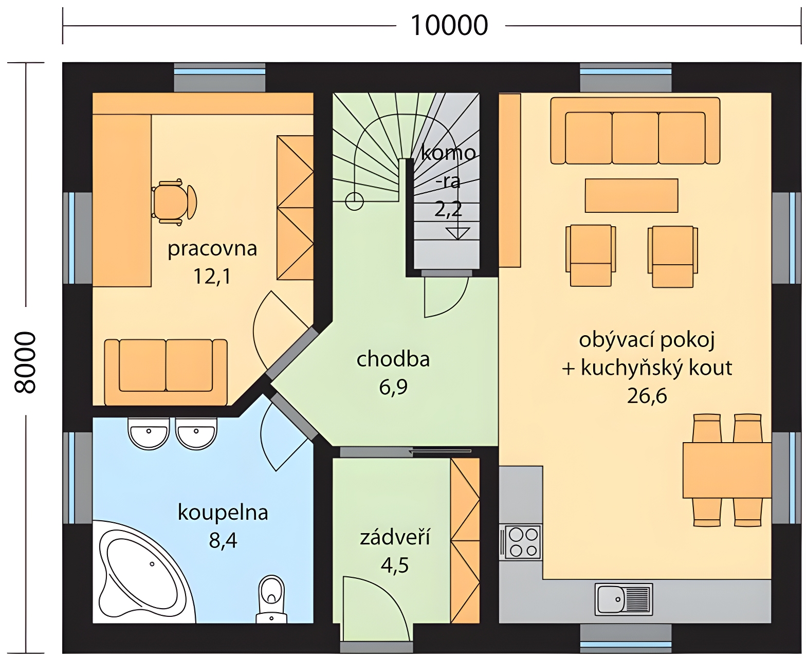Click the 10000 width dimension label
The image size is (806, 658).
449,26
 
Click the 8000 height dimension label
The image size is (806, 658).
25,362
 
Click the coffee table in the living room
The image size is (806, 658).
631,195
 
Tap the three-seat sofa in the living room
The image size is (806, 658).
635,131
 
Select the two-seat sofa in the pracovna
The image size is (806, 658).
166,372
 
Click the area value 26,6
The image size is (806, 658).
647,396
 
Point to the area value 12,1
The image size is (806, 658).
212,276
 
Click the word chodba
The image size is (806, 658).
393,359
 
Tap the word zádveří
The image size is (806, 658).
395,537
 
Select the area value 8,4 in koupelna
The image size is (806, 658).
223,540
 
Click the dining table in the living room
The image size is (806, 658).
727,470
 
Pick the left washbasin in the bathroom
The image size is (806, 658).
149,433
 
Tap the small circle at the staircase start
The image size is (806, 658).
354,201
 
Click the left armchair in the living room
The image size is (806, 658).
591,255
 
